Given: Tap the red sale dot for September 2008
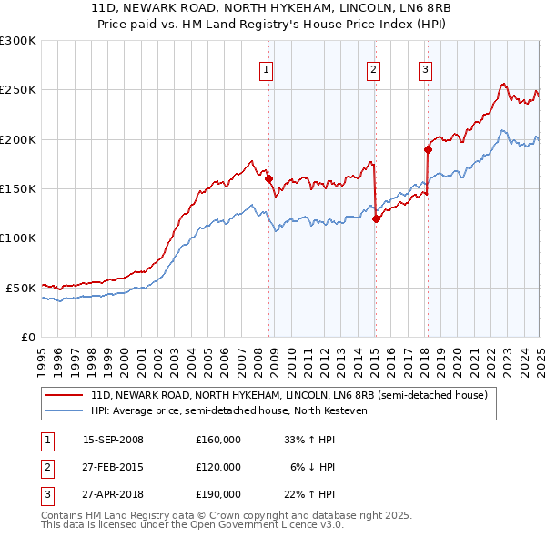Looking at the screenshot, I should tap(269, 179).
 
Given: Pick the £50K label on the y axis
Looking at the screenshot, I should tap(22, 288).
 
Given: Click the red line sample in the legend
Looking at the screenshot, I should tap(66, 396).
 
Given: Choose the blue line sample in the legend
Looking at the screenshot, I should tap(66, 410).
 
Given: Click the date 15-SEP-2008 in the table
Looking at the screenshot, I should tap(113, 441).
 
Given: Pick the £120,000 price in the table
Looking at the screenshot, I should tap(218, 467).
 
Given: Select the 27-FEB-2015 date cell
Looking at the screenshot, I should tap(113, 467).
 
